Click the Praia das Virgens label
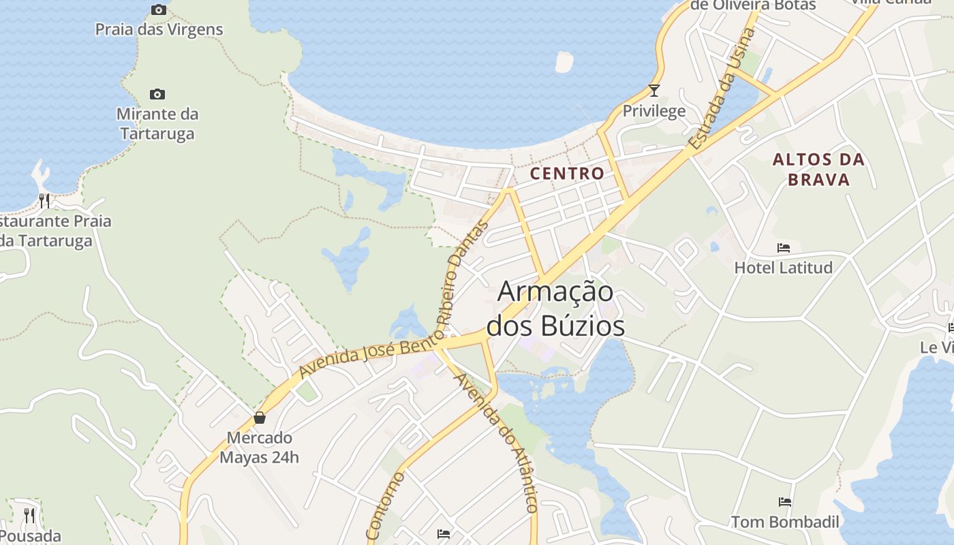(x=159, y=29)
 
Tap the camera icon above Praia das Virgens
(x=159, y=10)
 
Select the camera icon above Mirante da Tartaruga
(x=157, y=94)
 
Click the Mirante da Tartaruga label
(x=157, y=123)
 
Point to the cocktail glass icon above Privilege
(x=654, y=90)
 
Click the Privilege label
(x=654, y=111)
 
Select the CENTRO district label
(x=567, y=173)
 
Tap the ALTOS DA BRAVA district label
(x=818, y=170)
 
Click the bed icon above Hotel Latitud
(x=784, y=247)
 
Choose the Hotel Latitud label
(x=784, y=268)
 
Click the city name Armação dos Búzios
(x=556, y=309)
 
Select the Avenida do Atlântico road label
(x=496, y=443)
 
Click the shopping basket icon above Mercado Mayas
(x=259, y=418)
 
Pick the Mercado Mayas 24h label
(x=259, y=447)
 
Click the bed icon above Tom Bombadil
(x=785, y=502)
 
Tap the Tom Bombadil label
(x=785, y=523)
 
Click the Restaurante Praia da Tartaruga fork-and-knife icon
(x=44, y=200)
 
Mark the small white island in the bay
(x=564, y=61)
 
